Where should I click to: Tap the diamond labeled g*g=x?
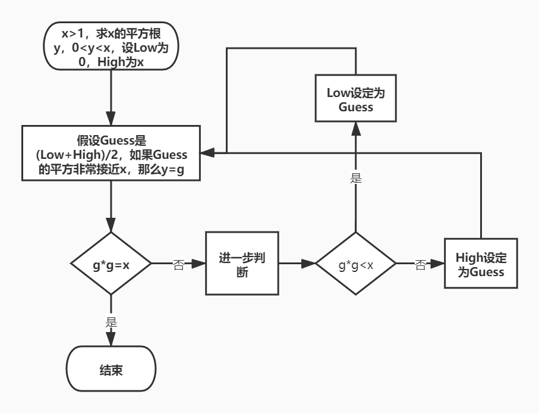tap(111, 263)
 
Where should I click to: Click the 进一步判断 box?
tap(242, 263)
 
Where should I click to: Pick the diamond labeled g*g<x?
tap(355, 263)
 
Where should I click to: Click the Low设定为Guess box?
tap(355, 99)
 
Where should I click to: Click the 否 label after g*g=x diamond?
tap(178, 263)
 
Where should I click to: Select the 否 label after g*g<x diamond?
tap(420, 263)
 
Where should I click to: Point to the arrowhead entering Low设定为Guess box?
tap(355, 127)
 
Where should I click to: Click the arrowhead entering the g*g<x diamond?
tap(310, 263)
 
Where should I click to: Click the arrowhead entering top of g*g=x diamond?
tap(111, 227)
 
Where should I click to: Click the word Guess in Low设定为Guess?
tap(355, 107)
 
